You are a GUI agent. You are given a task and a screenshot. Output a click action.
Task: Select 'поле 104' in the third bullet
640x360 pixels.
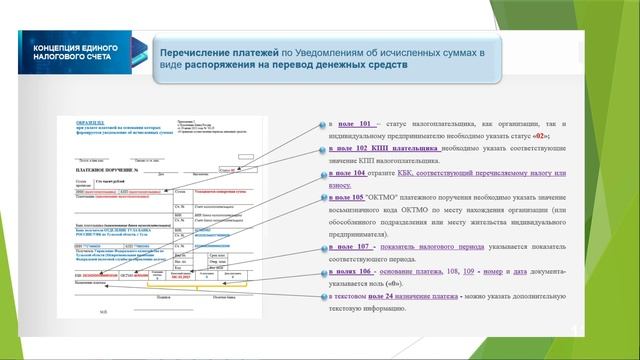(353, 173)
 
